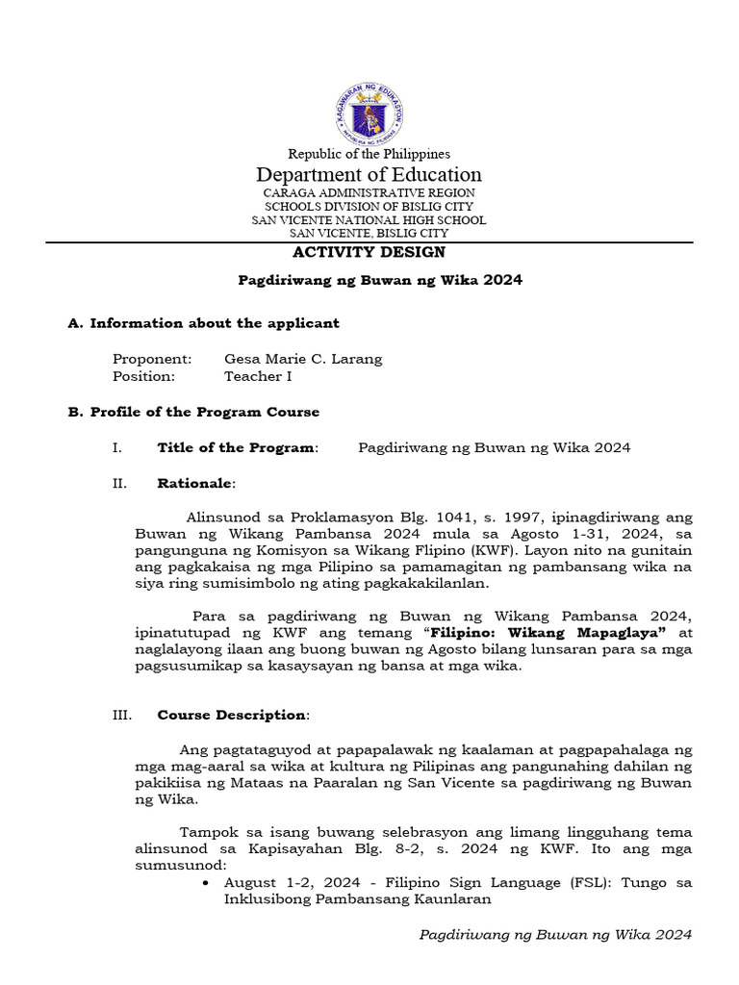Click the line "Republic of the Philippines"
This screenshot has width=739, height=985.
369,154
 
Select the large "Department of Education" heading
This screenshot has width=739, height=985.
369,175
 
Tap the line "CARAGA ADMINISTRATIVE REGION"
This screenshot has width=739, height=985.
369,193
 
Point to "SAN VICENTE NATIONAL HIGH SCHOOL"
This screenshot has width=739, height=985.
369,220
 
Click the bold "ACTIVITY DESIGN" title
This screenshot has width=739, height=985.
369,252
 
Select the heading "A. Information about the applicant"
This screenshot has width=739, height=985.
203,323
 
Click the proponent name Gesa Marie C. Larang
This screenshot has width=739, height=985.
303,359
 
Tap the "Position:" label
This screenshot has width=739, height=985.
143,376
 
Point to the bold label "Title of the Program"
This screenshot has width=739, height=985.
236,447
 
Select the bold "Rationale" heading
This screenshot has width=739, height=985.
195,483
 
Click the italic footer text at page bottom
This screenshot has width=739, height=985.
556,935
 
